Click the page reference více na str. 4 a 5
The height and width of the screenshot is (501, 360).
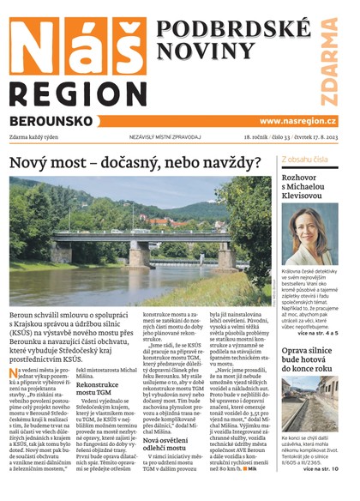320,331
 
